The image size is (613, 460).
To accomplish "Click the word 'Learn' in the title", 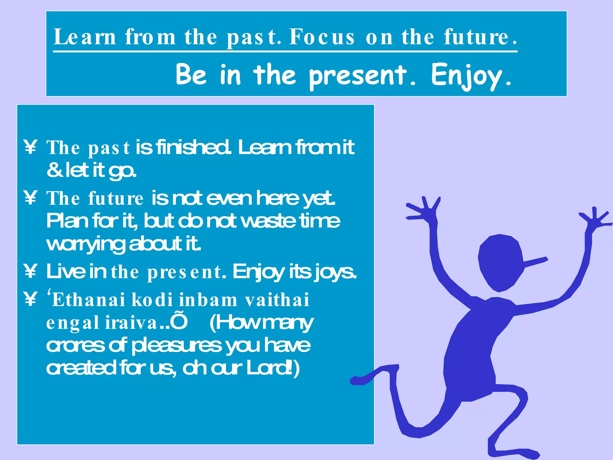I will coord(85,37).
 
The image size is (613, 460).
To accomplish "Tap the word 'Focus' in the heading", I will coord(322,37).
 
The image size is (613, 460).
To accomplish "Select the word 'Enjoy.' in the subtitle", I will coord(471,75).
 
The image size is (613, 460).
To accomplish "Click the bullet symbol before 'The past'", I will coord(30,147).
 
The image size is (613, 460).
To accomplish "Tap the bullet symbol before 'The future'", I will coord(30,198).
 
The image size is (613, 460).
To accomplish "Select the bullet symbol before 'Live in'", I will coord(30,271).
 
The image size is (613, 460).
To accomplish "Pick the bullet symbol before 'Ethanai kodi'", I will coord(30,299).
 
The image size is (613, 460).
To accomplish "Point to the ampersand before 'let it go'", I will coord(54,170).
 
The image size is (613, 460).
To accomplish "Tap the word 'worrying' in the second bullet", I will coord(85,244).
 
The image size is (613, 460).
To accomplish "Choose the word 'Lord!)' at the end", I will coord(273,369).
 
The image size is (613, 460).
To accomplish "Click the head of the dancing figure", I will coord(500,262).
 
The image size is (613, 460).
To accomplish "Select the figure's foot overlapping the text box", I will coord(361,380).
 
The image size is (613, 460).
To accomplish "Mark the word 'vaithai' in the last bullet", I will coord(277,300).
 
